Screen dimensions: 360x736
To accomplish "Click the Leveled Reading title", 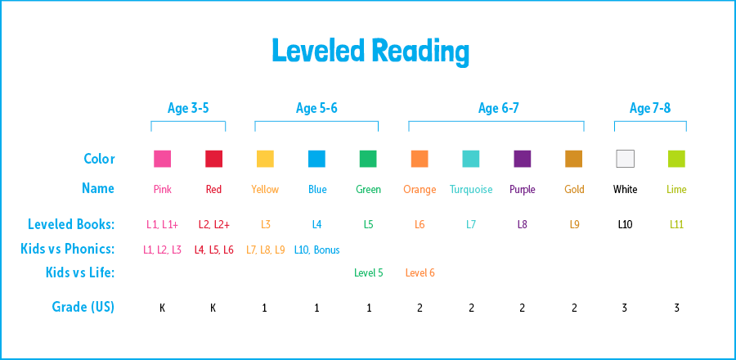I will click(370, 51).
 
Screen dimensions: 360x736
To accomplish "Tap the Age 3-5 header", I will click(188, 108).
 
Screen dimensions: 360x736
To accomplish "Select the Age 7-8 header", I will click(650, 108).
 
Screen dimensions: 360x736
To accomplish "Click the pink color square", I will click(162, 159).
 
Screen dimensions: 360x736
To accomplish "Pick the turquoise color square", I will click(471, 159).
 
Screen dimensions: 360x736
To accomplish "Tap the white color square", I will click(625, 159).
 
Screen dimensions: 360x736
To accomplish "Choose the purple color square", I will click(523, 159).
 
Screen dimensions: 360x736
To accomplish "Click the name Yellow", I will click(265, 190).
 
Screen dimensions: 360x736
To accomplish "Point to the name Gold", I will click(574, 190).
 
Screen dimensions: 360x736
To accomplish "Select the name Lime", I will click(676, 190).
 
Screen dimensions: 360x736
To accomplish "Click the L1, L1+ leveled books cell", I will click(162, 224).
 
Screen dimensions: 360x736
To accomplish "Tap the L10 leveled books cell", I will click(625, 224).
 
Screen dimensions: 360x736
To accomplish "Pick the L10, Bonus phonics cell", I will click(316, 250).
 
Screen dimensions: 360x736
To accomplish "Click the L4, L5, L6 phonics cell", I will click(213, 250).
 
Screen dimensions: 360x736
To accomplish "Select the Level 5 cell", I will click(368, 273).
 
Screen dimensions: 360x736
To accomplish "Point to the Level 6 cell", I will click(420, 273).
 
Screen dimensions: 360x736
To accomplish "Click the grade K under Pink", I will click(162, 308).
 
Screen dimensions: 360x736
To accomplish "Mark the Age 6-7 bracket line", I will click(496, 122).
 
